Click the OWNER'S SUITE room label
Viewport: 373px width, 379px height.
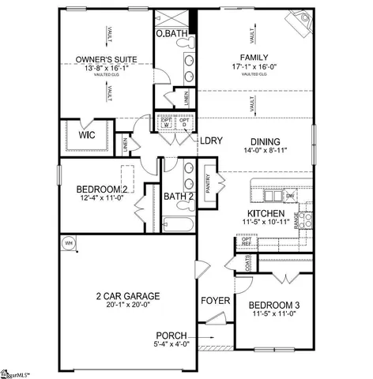(x=107, y=58)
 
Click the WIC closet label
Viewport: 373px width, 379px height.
(x=87, y=134)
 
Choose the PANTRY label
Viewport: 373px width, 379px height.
(x=207, y=188)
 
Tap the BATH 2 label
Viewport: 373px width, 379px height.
(x=179, y=196)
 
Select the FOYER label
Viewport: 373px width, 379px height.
(x=215, y=301)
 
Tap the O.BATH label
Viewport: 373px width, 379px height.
(x=170, y=34)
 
